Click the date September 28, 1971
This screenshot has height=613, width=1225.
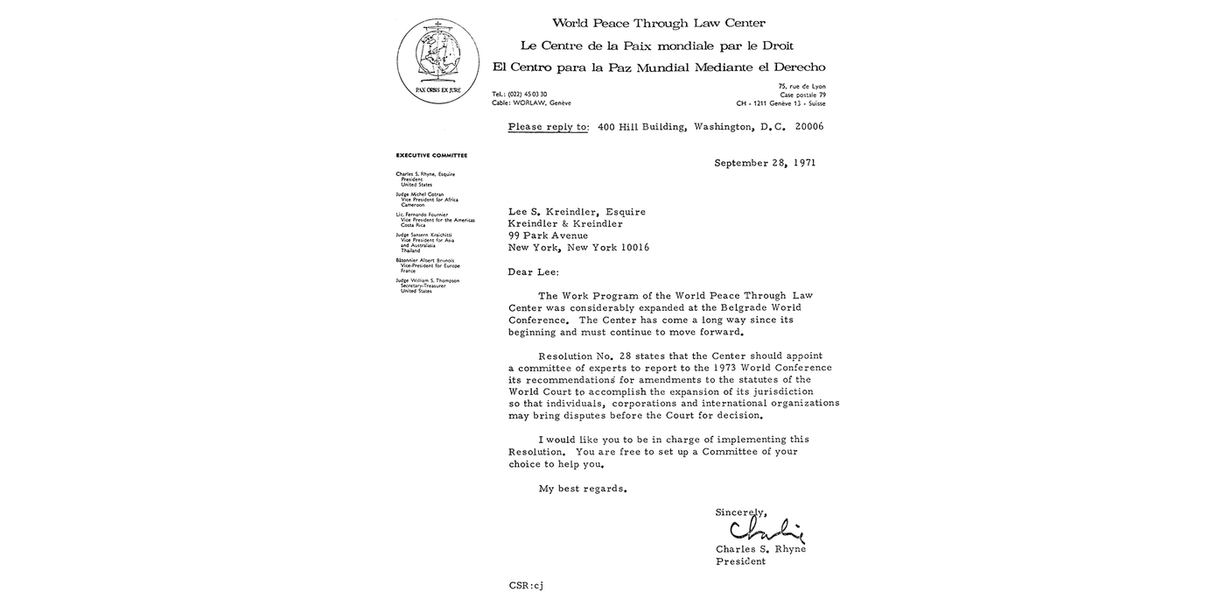pos(764,163)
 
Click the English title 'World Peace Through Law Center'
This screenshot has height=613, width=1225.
pos(658,24)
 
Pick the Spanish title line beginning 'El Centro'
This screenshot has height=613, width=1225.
pos(658,67)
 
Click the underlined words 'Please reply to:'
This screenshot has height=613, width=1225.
pos(549,127)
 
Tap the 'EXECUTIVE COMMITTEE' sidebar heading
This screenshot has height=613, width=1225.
pos(431,155)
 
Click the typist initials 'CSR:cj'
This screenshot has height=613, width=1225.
pos(526,584)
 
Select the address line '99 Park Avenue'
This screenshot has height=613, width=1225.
pos(548,236)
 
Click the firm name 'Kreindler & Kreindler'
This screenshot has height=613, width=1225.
pos(565,224)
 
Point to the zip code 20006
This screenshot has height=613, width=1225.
pos(808,127)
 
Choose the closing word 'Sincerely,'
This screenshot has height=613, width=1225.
pos(741,512)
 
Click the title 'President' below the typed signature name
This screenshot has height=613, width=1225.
pos(740,561)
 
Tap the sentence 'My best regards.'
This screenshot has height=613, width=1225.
pos(583,489)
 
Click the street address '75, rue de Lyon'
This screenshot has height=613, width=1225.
pos(801,86)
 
